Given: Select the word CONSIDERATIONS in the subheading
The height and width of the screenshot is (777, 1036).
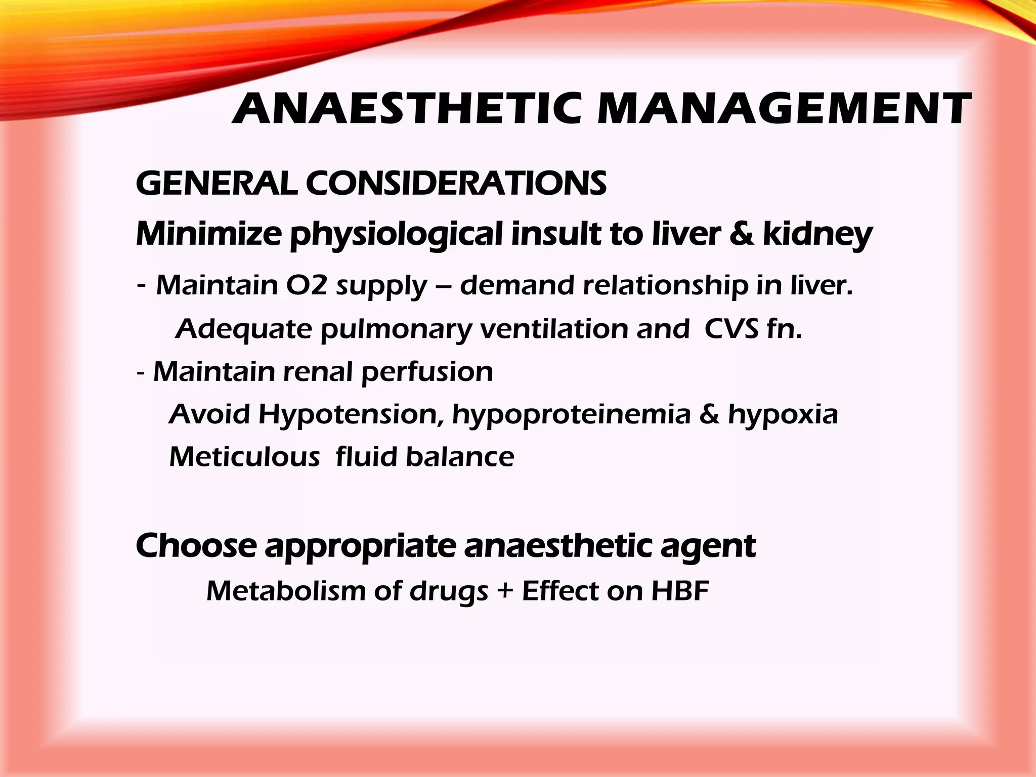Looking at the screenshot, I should (x=456, y=183).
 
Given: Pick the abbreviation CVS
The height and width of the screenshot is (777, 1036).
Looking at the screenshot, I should (x=731, y=329).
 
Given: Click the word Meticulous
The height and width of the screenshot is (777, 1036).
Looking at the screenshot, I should (x=244, y=457).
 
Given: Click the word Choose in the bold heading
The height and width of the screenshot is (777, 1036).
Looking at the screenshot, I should (x=196, y=546).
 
